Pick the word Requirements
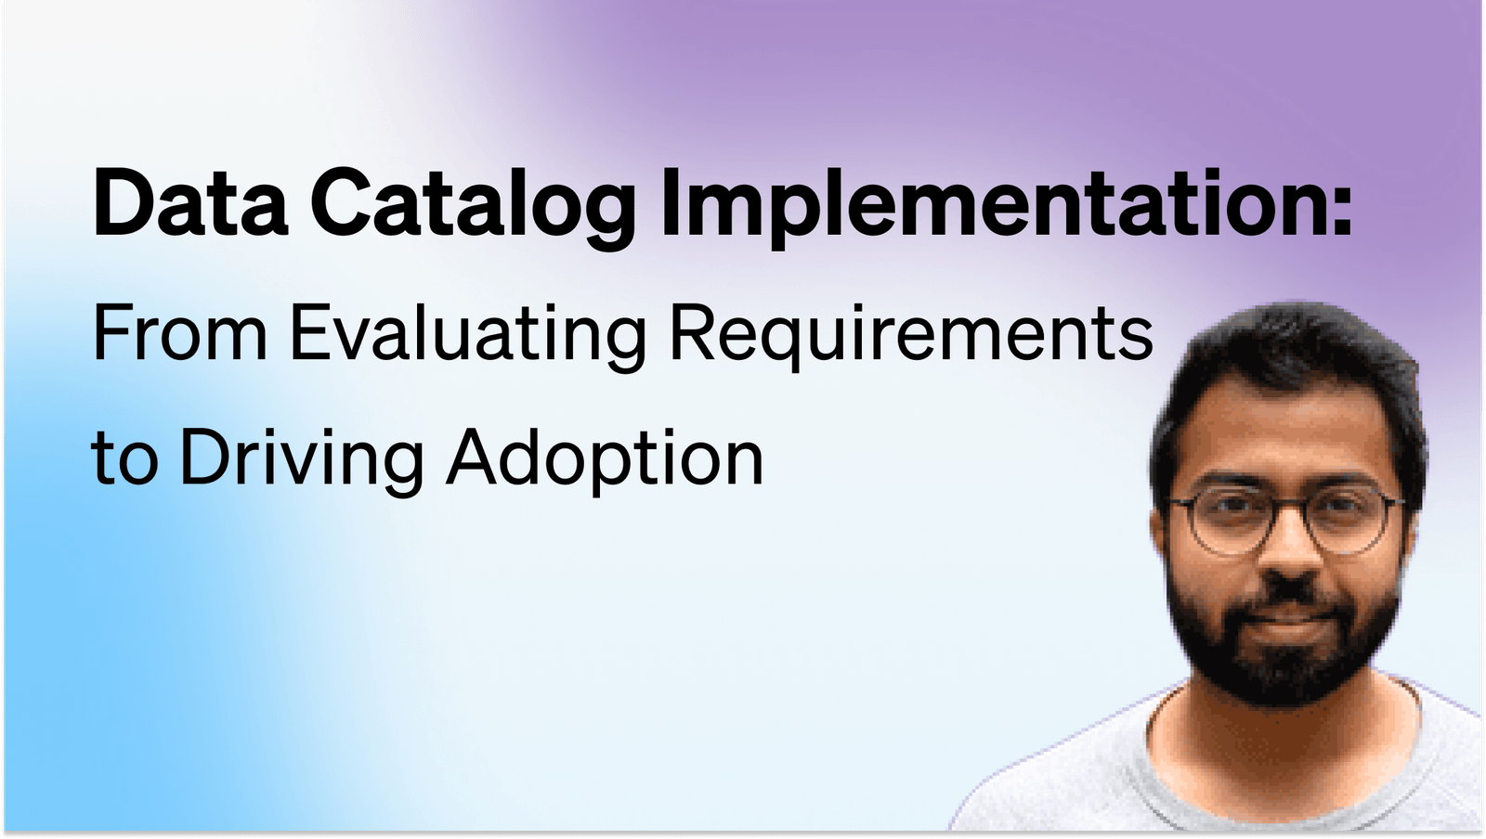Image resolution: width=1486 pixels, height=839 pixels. point(910,334)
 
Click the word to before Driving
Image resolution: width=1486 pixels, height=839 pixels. point(124,458)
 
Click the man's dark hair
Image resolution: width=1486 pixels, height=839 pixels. point(1291,343)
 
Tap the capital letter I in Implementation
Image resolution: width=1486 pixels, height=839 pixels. point(669,202)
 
